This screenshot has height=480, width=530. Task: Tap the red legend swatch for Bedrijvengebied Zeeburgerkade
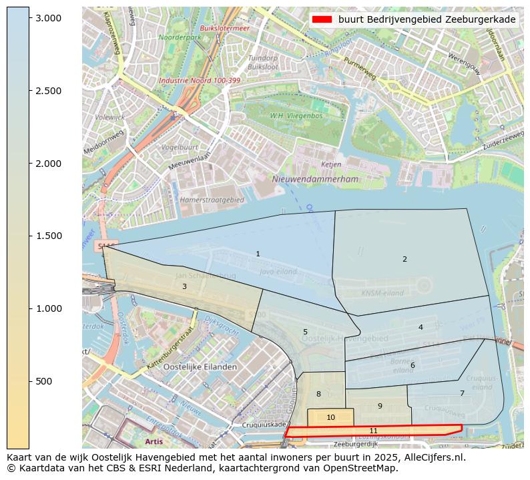click(322, 19)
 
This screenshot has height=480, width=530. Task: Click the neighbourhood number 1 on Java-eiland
click(258, 254)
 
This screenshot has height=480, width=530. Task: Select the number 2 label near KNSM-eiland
click(405, 259)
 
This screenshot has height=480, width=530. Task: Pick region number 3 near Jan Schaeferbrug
click(184, 286)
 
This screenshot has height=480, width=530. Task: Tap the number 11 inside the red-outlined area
click(373, 431)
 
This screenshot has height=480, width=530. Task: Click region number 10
click(330, 417)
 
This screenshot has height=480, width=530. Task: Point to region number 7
click(462, 393)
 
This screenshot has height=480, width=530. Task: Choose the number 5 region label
click(305, 332)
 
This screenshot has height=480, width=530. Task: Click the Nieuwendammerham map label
click(315, 179)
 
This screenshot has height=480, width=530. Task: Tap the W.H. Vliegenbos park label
click(296, 115)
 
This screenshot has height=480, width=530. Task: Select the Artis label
click(154, 441)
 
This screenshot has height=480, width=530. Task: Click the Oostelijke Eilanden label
click(200, 367)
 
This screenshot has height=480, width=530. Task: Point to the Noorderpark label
click(180, 37)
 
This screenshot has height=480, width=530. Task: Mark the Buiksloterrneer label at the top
click(224, 28)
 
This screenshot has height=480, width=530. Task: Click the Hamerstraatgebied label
click(212, 200)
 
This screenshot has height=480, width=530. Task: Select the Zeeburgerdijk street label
click(356, 444)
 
